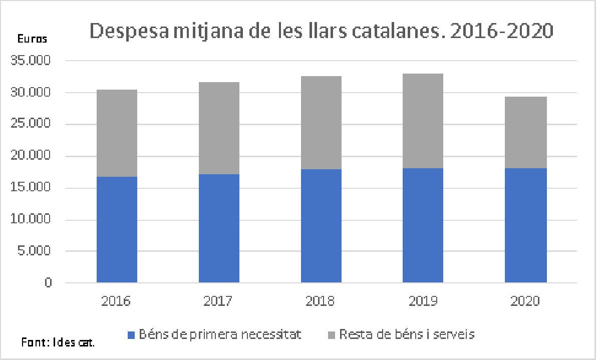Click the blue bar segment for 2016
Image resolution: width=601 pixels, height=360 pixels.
[x=117, y=230]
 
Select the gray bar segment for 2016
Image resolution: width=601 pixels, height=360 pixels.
[x=117, y=133]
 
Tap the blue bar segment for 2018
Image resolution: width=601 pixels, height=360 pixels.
[x=321, y=226]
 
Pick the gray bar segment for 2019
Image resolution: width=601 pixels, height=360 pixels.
[x=423, y=121]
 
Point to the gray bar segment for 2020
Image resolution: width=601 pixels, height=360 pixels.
[x=525, y=133]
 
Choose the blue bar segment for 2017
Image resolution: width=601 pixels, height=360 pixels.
[x=219, y=229]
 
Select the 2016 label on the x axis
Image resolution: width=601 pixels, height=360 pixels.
[x=116, y=301]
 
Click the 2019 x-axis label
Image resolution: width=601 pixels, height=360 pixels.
[x=423, y=301]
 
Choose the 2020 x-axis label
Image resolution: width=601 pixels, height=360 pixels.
[x=525, y=301]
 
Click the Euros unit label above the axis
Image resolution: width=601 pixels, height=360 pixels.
[x=33, y=39]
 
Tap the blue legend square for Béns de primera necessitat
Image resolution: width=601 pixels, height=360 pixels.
[x=132, y=335]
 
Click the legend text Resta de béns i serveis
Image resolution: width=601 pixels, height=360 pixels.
[x=406, y=334]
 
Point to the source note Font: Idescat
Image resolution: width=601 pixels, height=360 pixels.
[x=58, y=343]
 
